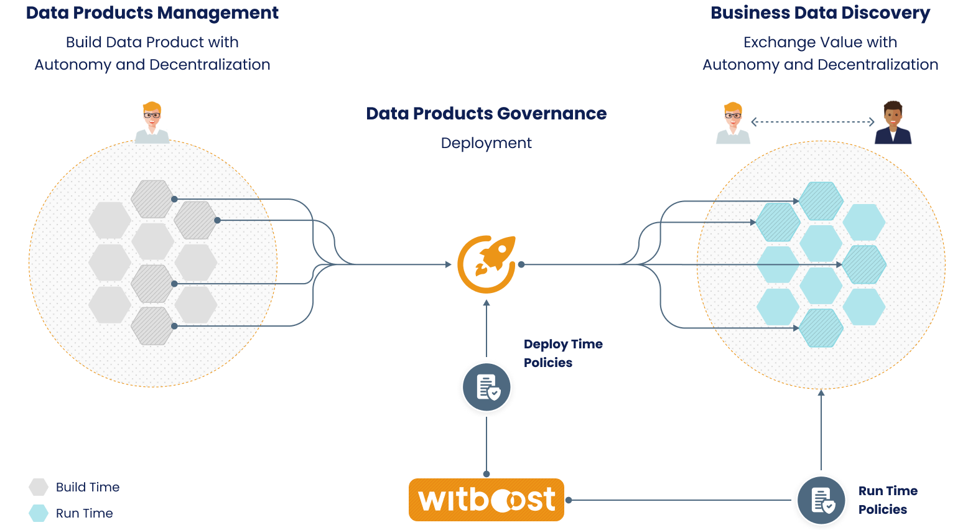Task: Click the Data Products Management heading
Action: pyautogui.click(x=152, y=13)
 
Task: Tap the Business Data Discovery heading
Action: pyautogui.click(x=820, y=13)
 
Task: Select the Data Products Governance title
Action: pyautogui.click(x=486, y=114)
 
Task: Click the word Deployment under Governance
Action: pyautogui.click(x=486, y=143)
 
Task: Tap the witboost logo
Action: pyautogui.click(x=486, y=500)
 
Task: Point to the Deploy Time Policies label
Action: pyautogui.click(x=562, y=353)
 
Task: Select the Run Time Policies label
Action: pyautogui.click(x=887, y=500)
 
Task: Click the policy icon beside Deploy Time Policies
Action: pyautogui.click(x=486, y=387)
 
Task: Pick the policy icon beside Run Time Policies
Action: pyautogui.click(x=821, y=500)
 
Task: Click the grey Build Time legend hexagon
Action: pyautogui.click(x=39, y=487)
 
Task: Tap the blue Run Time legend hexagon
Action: pyautogui.click(x=39, y=513)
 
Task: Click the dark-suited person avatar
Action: pyautogui.click(x=893, y=123)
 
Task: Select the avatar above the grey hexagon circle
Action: pyautogui.click(x=152, y=123)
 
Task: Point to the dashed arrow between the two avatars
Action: pyautogui.click(x=812, y=122)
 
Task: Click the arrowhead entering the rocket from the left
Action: pyautogui.click(x=449, y=264)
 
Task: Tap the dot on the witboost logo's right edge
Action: pyautogui.click(x=569, y=500)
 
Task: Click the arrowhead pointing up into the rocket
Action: pyautogui.click(x=486, y=303)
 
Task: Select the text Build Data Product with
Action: pyautogui.click(x=152, y=42)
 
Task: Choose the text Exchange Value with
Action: pyautogui.click(x=820, y=42)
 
